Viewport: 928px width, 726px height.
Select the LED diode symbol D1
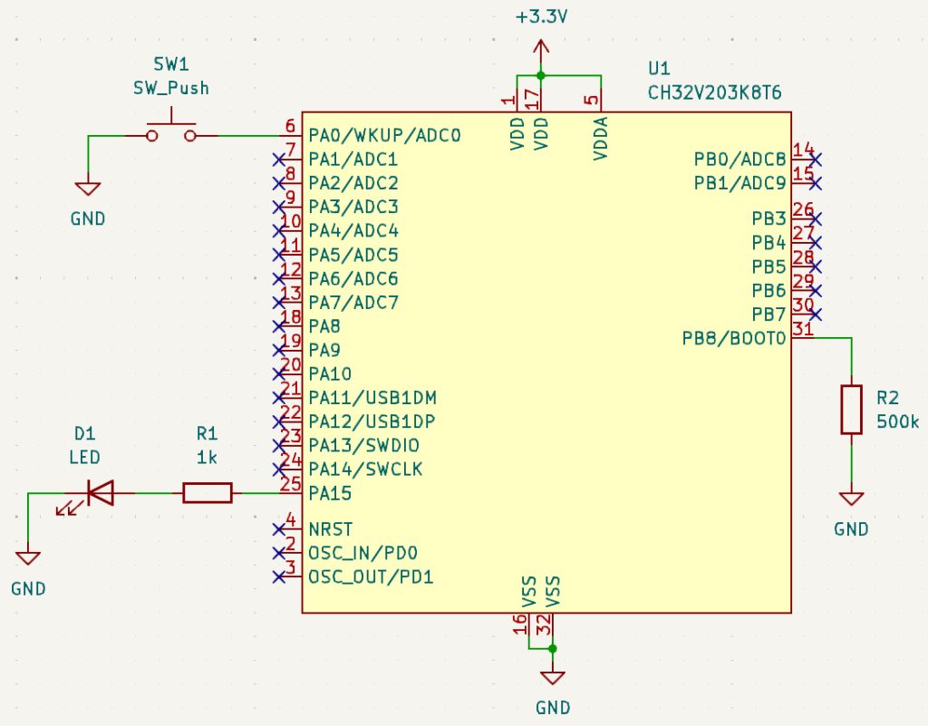click(x=100, y=493)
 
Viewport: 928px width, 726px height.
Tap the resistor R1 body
click(x=208, y=493)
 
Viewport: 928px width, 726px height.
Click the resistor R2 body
click(x=851, y=409)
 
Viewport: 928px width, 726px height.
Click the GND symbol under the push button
click(x=88, y=189)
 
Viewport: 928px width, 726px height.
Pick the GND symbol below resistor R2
click(x=851, y=499)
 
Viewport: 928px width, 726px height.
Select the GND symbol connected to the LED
click(x=28, y=559)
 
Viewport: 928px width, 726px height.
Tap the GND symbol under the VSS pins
click(x=552, y=678)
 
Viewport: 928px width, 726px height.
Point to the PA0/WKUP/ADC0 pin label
click(x=385, y=136)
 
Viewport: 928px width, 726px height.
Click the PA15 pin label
click(x=330, y=494)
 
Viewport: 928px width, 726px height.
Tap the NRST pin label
click(x=330, y=529)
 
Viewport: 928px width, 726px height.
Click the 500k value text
click(x=898, y=421)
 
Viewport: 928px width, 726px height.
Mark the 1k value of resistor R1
click(x=207, y=458)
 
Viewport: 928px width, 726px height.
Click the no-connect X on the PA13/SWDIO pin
click(x=278, y=446)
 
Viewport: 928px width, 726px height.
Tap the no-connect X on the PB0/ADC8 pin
click(x=817, y=160)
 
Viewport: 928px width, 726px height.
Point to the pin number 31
click(x=802, y=329)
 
